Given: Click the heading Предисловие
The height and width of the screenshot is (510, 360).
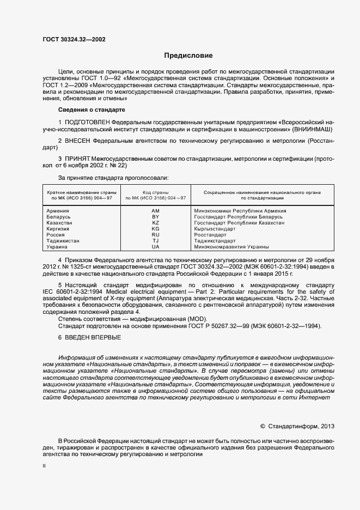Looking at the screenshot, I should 189,56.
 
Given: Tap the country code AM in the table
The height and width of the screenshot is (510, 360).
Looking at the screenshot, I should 155,210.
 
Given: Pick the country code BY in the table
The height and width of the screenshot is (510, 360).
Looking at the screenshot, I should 155,216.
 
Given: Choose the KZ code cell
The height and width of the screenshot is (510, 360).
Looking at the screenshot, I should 155,222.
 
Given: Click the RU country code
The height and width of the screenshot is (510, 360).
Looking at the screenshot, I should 155,234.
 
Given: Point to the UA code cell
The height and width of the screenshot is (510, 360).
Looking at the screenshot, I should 155,246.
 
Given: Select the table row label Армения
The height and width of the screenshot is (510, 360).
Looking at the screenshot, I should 58,210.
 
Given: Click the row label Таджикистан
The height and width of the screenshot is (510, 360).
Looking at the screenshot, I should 64,240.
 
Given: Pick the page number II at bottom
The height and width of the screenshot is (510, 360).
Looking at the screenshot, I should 44,466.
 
